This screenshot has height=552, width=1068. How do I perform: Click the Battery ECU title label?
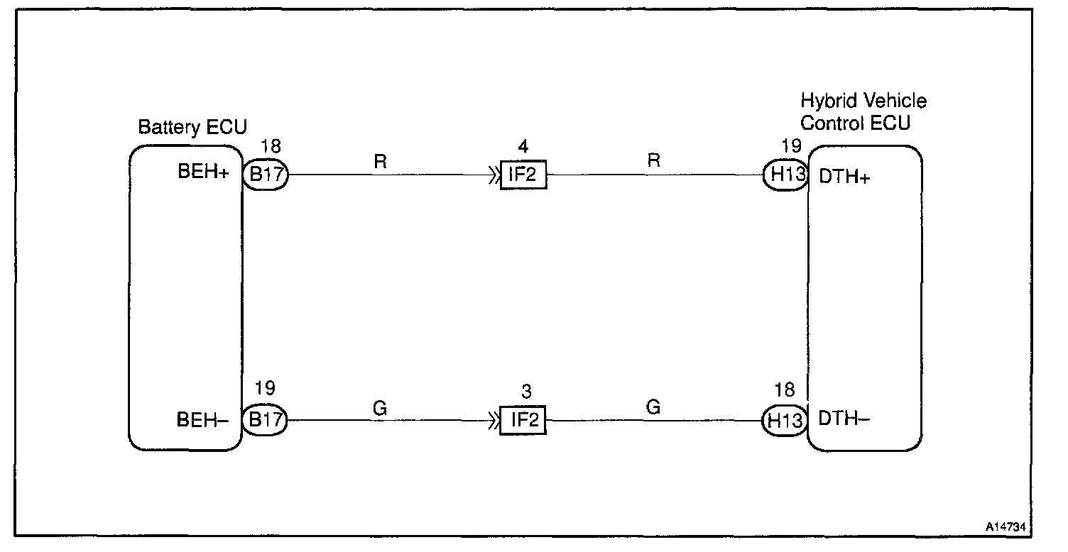pos(192,128)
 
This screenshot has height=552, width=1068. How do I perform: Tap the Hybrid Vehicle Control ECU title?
pos(863,111)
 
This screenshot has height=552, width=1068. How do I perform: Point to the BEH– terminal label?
pos(202,420)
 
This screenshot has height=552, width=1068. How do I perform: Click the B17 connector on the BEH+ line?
pos(265,175)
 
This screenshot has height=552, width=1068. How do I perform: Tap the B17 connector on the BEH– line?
pos(265,420)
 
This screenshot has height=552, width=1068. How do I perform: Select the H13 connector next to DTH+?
pos(786,175)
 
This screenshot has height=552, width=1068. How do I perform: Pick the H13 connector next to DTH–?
pos(786,420)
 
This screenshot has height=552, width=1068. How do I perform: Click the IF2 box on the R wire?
pos(523,175)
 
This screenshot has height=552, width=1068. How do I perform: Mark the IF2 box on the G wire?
pos(523,420)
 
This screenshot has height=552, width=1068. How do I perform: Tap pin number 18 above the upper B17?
pos(271,147)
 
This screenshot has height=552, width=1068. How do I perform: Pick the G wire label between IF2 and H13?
pos(653,407)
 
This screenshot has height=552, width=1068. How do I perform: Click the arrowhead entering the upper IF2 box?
pos(492,175)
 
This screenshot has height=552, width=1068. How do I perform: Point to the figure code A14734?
pos(1006,528)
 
